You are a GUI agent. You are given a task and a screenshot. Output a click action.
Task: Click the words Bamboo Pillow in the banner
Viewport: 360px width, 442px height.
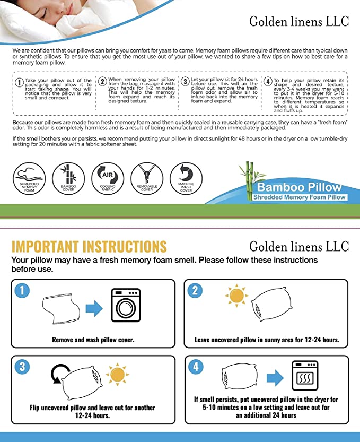pos(300,188)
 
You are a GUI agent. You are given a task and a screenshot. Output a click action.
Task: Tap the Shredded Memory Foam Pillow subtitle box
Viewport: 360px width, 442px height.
pos(300,197)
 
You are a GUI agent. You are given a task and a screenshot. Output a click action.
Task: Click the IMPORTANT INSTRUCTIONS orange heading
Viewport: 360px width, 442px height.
pos(89,247)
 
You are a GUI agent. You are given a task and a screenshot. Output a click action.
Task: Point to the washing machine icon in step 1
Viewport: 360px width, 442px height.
pos(125,306)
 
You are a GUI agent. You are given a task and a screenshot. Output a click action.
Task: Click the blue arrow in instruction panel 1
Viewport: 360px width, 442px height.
pos(94,308)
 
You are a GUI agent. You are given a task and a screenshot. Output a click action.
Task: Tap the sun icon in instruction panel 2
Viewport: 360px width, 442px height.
pos(236,296)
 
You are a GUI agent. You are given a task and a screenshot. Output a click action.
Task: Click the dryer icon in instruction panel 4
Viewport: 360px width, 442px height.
pos(305,375)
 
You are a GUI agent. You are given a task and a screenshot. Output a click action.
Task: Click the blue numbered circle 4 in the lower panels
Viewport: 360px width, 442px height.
pos(195,367)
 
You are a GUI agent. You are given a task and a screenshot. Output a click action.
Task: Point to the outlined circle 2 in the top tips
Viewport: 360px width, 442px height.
pos(102,82)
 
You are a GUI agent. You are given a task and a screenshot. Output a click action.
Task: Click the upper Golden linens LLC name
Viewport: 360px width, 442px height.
pos(299,22)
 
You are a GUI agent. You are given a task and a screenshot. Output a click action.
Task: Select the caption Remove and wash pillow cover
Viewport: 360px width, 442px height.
pos(93,340)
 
